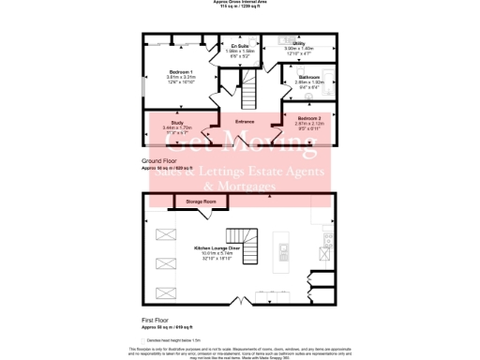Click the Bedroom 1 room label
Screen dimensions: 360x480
[x=179, y=71]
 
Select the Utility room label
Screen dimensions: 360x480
[x=297, y=43]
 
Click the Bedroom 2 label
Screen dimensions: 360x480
[x=307, y=117]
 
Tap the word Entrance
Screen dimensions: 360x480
[x=245, y=121]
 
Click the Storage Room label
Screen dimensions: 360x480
[x=202, y=202]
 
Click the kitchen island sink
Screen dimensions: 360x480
[x=282, y=250]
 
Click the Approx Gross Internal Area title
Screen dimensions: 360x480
[x=239, y=3]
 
